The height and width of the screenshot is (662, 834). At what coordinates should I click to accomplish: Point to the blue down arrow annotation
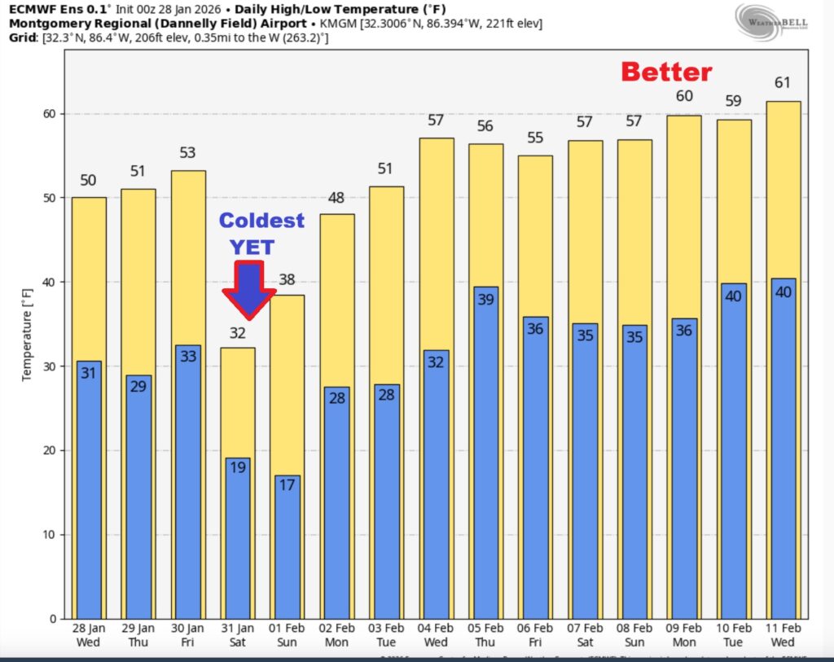[x=248, y=290]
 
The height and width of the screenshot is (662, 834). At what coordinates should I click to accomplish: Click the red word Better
[x=666, y=72]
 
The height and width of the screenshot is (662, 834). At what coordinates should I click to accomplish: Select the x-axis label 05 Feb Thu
[x=485, y=635]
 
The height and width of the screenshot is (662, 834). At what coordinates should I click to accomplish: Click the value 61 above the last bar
[x=784, y=83]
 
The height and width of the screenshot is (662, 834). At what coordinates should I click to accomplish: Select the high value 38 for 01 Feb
[x=287, y=280]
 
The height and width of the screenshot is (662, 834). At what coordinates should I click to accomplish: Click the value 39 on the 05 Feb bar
[x=485, y=300]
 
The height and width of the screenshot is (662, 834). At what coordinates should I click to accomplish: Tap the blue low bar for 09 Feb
[x=684, y=472]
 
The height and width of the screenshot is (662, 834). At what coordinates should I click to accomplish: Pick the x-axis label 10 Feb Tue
[x=733, y=635]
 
